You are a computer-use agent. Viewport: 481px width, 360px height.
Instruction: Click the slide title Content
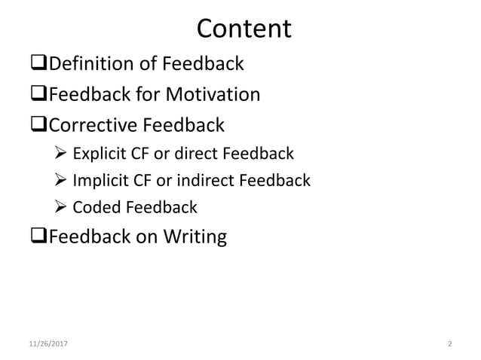pyautogui.click(x=244, y=28)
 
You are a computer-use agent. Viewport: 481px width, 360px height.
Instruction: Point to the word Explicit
pyautogui.click(x=100, y=154)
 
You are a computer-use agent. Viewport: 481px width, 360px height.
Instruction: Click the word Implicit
pyautogui.click(x=100, y=181)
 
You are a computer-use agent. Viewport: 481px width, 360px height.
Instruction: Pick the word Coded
pyautogui.click(x=95, y=207)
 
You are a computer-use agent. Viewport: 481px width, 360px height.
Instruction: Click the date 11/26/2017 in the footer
pyautogui.click(x=46, y=344)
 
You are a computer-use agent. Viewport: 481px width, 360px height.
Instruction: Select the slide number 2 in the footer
pyautogui.click(x=449, y=344)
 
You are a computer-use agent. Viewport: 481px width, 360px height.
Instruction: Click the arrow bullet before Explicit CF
pyautogui.click(x=63, y=154)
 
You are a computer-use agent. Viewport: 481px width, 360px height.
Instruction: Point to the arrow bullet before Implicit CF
pyautogui.click(x=63, y=181)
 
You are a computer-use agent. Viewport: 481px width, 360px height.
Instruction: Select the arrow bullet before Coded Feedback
pyautogui.click(x=63, y=207)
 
